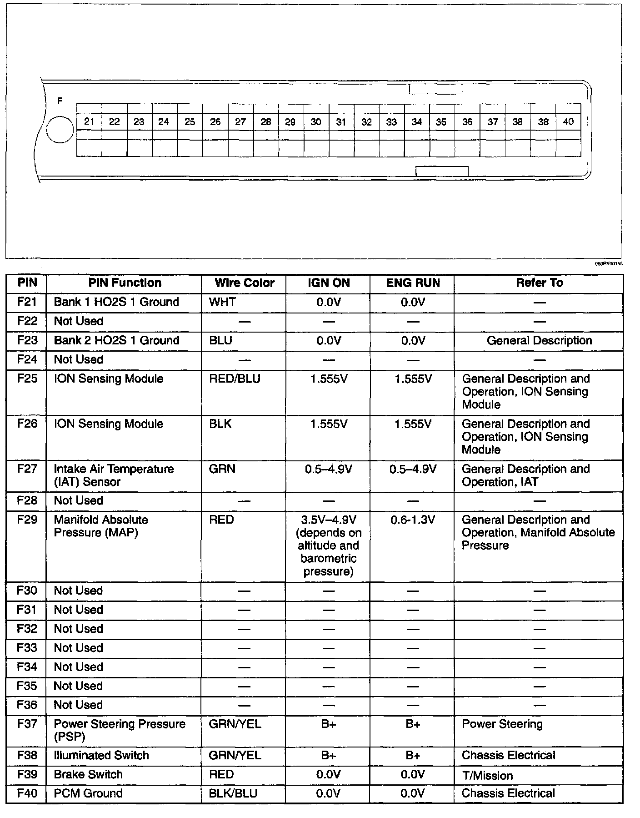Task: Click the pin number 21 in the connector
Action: click(89, 121)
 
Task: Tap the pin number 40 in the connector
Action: click(568, 121)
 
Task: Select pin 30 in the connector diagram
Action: click(316, 122)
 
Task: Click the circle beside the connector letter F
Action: click(60, 129)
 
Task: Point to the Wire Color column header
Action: click(245, 283)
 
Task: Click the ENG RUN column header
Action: click(413, 283)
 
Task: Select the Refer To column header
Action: click(539, 283)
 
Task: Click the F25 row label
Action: click(27, 379)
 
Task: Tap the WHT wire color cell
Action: click(222, 302)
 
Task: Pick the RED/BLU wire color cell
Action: click(235, 379)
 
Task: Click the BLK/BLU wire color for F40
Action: click(233, 793)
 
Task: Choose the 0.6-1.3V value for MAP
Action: click(413, 520)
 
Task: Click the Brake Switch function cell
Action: click(88, 774)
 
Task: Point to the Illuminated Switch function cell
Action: click(101, 755)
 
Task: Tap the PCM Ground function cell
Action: click(88, 793)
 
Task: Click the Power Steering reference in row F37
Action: click(502, 724)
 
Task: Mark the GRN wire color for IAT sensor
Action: click(222, 469)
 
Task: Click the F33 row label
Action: click(27, 648)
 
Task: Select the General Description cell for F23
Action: click(539, 340)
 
